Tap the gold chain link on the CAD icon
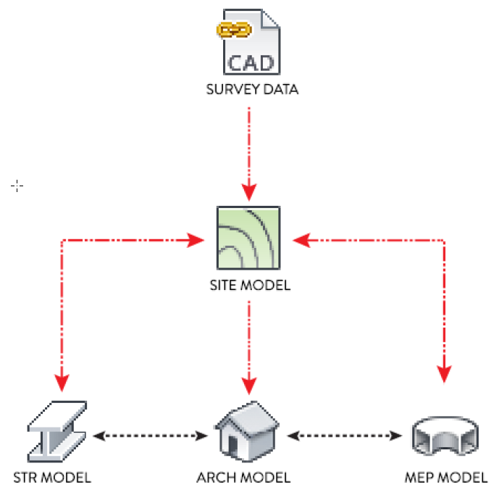(234, 30)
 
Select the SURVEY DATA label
(252, 89)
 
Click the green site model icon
(248, 238)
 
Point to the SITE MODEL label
(250, 285)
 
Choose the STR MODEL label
(52, 478)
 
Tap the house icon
(247, 431)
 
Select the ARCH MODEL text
(243, 478)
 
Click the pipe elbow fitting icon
(445, 436)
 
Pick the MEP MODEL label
(446, 478)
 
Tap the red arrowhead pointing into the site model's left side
(196, 241)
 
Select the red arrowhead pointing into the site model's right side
(301, 241)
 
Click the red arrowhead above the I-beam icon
(62, 383)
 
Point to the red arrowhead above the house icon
(249, 386)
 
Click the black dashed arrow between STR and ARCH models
(151, 436)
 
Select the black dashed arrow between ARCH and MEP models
(345, 436)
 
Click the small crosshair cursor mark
(17, 186)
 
